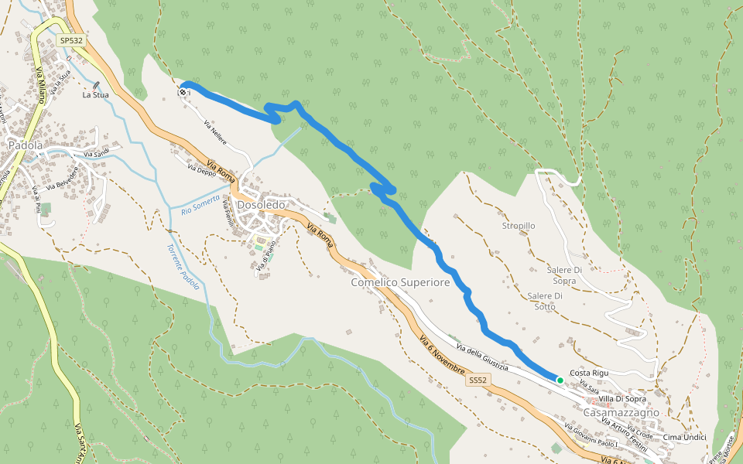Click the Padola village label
click(25, 145)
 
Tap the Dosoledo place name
click(262, 205)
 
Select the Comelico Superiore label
click(400, 283)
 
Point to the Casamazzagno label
click(621, 412)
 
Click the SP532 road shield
click(70, 40)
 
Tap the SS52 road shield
click(478, 380)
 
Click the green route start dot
click(560, 380)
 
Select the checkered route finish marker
click(183, 92)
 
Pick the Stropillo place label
click(519, 226)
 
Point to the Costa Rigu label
click(589, 373)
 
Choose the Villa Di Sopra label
click(622, 399)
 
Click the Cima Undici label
click(686, 437)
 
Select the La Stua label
click(96, 95)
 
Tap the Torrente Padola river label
click(183, 267)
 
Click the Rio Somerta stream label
click(200, 205)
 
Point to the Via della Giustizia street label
click(481, 357)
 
